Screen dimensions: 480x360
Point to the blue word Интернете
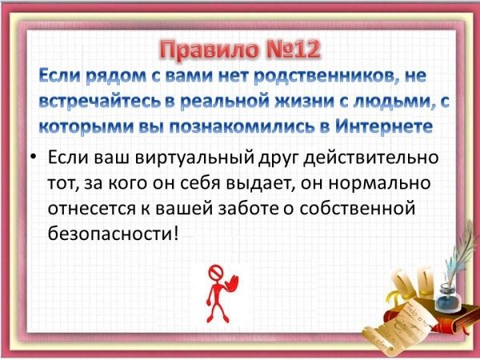[x=384, y=126]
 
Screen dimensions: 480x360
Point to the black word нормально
[x=380, y=184]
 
